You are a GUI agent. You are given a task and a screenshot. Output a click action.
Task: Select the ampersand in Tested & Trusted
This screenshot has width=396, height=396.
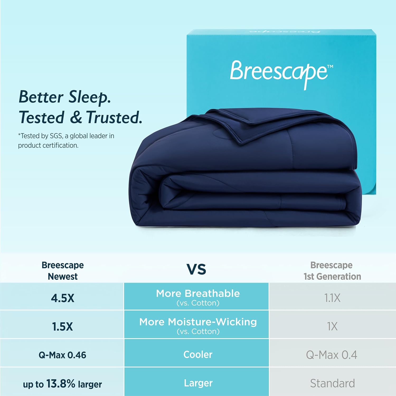coord(76,117)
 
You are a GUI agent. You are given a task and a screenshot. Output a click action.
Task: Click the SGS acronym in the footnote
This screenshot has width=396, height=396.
coord(56,136)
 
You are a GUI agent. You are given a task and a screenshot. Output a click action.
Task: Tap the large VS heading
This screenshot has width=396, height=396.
coord(196,269)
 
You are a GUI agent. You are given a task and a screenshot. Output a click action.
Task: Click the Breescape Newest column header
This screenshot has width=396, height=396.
coord(63,271)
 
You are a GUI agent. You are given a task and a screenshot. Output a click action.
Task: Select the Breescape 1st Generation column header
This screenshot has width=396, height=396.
coord(332,271)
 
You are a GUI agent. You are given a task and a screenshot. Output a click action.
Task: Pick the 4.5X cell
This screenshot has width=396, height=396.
coord(63,298)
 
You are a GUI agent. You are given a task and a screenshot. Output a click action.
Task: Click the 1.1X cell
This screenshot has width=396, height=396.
coord(332,298)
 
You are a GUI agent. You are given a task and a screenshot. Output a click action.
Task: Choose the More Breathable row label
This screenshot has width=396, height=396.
coord(198,294)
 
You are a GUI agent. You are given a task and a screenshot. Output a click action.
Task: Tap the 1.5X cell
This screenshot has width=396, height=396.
coord(62,327)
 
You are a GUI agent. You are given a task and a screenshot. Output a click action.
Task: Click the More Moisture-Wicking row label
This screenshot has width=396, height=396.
coord(198,322)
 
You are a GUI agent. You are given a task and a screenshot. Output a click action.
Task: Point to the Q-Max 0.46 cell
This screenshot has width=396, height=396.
coord(62,355)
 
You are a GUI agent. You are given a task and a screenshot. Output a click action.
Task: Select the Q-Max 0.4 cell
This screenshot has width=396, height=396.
coord(332,355)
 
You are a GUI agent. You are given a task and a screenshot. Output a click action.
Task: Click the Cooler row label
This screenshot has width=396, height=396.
coord(198,355)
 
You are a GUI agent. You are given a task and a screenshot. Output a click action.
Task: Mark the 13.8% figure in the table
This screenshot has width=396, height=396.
coord(61,384)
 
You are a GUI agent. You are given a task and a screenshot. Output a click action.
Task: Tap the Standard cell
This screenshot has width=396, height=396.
coord(332,383)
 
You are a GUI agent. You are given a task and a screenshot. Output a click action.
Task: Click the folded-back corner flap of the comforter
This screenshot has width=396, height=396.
coord(238,127)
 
